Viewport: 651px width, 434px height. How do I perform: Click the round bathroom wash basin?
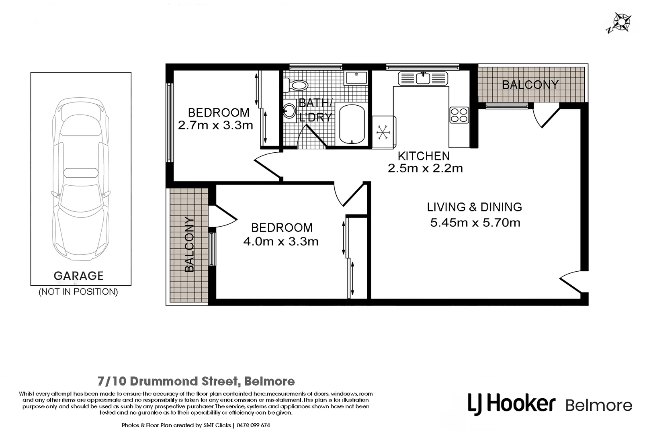pos(289,111)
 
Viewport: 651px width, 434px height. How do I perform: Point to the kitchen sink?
pos(423,78)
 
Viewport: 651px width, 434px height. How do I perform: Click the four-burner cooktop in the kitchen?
pos(459,115)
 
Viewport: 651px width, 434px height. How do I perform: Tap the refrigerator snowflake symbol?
pos(383,132)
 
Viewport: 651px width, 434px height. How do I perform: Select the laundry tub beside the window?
pos(356,78)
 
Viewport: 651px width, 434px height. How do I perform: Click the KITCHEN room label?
pos(424,156)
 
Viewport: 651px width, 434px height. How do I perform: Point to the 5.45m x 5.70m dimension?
pos(475,223)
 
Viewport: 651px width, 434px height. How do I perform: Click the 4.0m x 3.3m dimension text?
pos(280,242)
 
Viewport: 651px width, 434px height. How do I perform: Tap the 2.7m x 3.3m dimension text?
pos(215,125)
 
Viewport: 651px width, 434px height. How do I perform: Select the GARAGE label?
pos(79,276)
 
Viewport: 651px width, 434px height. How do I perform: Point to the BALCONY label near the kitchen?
pos(530,85)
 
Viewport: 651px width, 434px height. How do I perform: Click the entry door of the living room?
pos(571,281)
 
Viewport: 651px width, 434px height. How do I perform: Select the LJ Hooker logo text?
pos(512,403)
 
